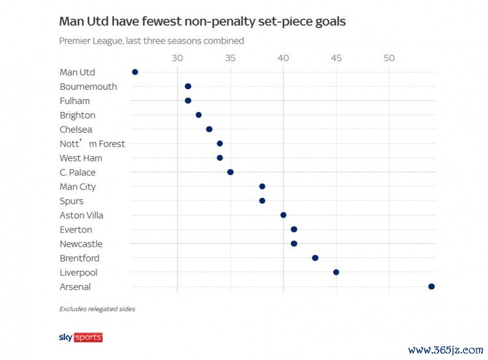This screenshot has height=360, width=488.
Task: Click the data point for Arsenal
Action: point(431,286)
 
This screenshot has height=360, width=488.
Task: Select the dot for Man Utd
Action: point(135,72)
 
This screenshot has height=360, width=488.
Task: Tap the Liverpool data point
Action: point(336,272)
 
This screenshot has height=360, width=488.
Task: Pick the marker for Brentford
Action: point(315,258)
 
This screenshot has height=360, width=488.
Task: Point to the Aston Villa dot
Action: point(283,215)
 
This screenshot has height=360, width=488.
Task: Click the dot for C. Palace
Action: point(230,173)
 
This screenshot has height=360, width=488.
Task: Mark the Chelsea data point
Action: point(209,130)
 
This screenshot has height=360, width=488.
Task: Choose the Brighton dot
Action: point(198,115)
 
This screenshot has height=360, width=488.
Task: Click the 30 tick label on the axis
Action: point(177,59)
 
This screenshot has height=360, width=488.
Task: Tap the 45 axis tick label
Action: point(336,59)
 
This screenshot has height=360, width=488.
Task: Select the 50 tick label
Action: point(389,59)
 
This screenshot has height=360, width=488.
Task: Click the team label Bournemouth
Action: point(88,87)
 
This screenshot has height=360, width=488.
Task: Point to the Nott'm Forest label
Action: point(92,144)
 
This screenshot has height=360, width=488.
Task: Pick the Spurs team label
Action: point(72,201)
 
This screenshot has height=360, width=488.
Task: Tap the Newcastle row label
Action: point(81,244)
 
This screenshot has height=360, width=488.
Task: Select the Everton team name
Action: point(75,230)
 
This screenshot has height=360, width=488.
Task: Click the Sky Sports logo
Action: point(81,337)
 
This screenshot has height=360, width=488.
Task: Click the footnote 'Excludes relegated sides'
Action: point(97,309)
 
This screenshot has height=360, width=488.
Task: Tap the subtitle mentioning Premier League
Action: point(151,41)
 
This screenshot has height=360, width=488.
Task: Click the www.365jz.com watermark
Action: point(445,350)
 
